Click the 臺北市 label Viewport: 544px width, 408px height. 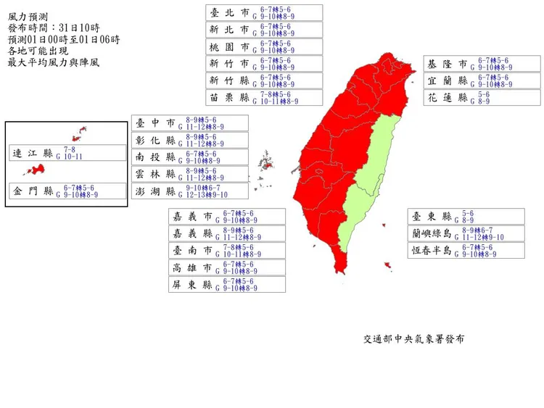(x=228, y=12)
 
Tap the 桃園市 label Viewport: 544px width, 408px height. (x=228, y=46)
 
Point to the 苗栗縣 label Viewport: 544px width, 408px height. (x=228, y=97)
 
